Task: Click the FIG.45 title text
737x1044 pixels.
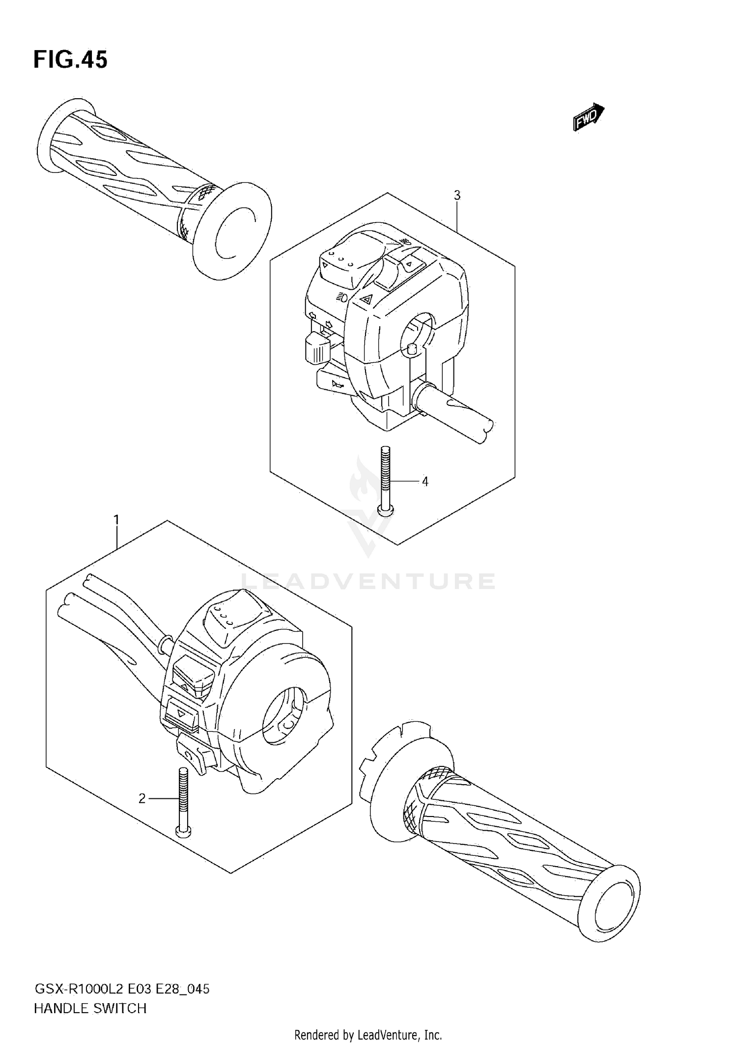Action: tap(70, 60)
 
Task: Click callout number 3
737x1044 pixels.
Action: tap(457, 196)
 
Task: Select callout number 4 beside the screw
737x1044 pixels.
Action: tap(425, 482)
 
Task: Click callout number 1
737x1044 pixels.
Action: tap(116, 520)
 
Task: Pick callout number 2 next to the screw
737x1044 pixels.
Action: tap(142, 799)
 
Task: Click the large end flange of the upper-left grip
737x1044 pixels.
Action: tap(232, 230)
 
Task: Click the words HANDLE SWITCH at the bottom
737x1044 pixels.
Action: tap(90, 1008)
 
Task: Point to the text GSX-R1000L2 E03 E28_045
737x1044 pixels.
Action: tap(121, 988)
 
